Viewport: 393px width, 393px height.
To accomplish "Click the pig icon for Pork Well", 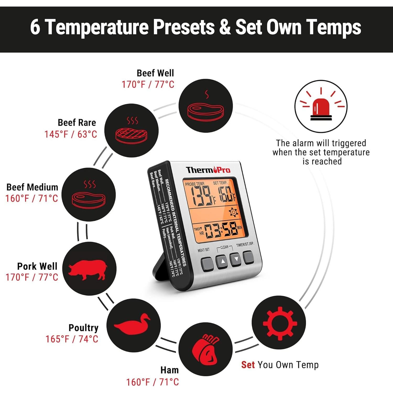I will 88,269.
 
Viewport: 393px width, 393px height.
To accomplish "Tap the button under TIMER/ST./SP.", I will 248,257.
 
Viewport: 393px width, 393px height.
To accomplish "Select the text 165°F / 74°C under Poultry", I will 72,339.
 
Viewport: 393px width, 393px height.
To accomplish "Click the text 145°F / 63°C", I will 71,134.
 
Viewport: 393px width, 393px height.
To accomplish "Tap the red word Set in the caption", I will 248,365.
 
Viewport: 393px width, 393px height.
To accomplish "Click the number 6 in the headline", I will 35,27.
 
